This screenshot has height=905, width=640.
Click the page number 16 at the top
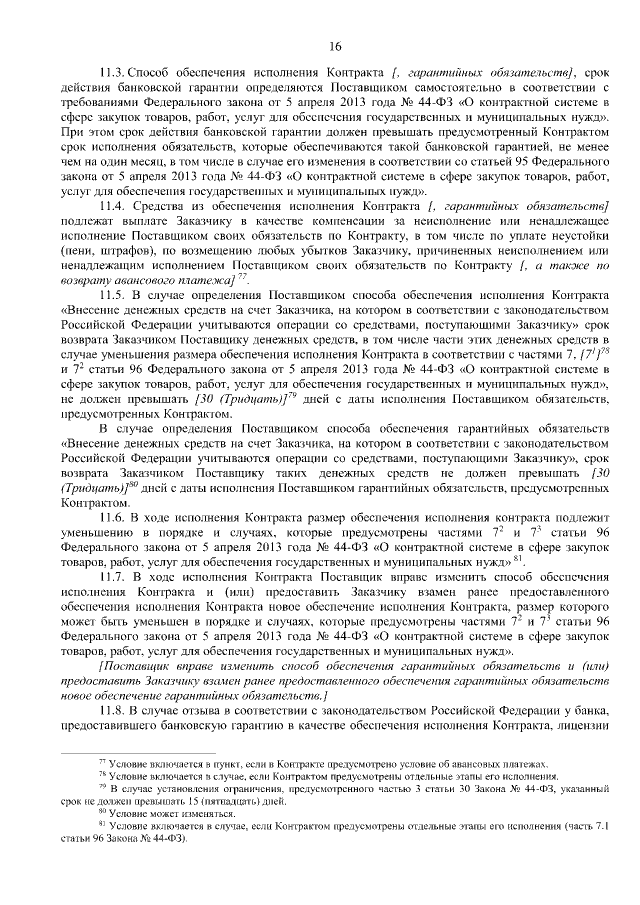(335, 46)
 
